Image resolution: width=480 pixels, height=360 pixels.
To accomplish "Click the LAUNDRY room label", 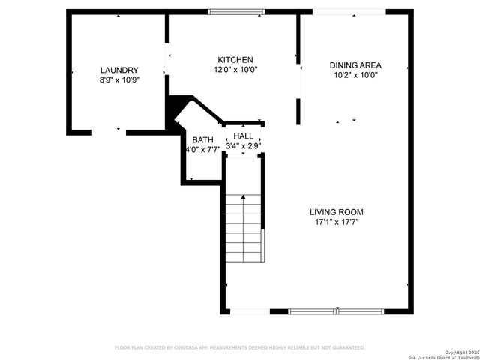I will (x=119, y=70).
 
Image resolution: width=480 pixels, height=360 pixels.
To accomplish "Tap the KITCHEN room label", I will (x=235, y=60).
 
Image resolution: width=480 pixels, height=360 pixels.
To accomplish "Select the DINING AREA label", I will (x=355, y=65).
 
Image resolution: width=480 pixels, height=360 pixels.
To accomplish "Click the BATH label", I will (x=202, y=140).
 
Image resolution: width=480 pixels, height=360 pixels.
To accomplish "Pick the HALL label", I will (x=244, y=136).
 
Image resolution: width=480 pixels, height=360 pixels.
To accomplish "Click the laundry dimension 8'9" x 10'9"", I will (x=119, y=79).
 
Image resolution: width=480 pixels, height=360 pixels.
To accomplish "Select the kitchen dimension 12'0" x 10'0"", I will (x=235, y=70).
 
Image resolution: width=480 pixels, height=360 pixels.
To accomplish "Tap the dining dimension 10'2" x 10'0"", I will (x=355, y=75).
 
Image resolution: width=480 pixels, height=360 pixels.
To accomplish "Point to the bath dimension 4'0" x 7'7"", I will (x=202, y=149).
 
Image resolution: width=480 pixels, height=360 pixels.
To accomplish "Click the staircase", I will (x=244, y=225).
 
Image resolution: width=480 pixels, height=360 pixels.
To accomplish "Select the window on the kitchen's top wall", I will (x=236, y=11).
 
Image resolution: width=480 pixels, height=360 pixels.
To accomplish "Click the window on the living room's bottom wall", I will (x=337, y=310).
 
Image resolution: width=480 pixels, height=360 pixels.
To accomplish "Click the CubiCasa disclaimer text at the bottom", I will (x=239, y=347).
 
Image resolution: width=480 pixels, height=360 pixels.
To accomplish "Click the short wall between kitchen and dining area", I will (x=298, y=109).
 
